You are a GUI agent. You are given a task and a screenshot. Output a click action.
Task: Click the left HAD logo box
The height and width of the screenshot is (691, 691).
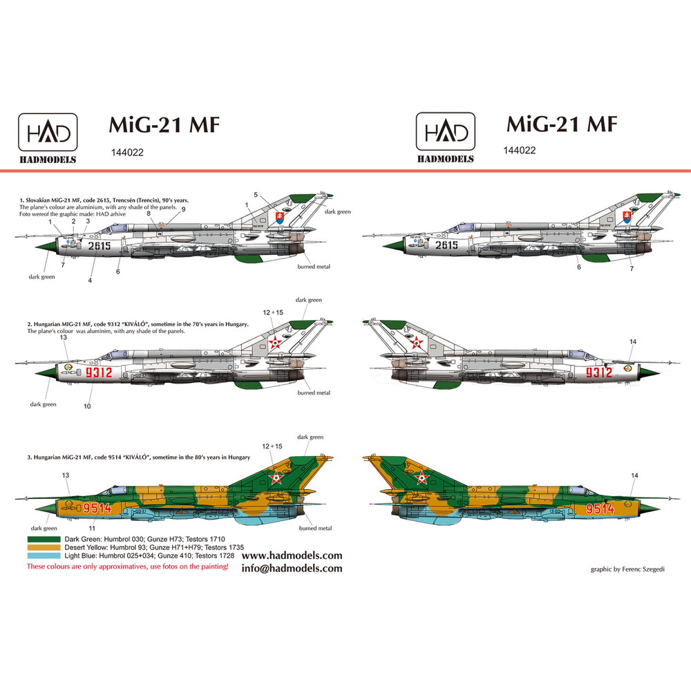[47, 131]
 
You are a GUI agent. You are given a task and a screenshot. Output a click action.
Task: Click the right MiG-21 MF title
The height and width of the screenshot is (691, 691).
[561, 124]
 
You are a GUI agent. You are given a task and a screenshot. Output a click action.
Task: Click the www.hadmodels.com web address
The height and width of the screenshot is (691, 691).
[292, 556]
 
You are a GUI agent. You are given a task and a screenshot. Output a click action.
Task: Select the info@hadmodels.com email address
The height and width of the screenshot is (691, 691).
[292, 569]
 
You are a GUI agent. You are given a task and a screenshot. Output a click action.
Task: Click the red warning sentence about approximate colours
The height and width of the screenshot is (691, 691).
[127, 567]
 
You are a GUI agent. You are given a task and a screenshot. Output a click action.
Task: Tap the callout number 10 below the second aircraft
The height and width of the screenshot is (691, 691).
[87, 406]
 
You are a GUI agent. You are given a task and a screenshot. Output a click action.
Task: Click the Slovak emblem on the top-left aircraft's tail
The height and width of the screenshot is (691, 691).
[280, 218]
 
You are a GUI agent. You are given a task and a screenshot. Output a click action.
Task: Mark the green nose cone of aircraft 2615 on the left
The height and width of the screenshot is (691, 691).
[43, 245]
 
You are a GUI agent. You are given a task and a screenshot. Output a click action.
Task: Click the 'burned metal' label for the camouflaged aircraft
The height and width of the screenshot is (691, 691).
[314, 529]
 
